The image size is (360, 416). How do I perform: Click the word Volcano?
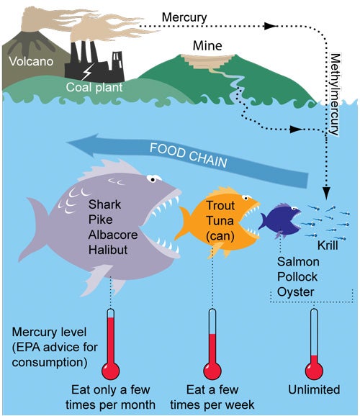[x=31, y=61]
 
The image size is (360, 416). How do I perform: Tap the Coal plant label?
[x=94, y=87]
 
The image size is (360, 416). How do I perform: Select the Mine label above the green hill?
[x=207, y=45]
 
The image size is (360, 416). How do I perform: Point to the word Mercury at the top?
[x=184, y=17]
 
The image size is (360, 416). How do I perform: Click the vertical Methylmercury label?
[x=335, y=94]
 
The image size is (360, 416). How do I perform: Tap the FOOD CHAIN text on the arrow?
[x=189, y=155]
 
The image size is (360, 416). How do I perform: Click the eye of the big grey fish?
[x=153, y=179]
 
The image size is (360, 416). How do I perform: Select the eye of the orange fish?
[x=246, y=198]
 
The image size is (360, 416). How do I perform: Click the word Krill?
[x=328, y=245]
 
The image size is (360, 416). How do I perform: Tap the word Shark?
[x=104, y=204]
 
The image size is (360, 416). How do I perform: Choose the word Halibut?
[x=108, y=250]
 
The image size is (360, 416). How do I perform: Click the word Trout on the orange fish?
[x=220, y=206]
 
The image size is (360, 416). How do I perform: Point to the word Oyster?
[x=295, y=292]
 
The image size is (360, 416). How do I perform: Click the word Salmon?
[x=298, y=262]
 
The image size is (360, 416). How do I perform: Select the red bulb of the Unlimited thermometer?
[x=314, y=371]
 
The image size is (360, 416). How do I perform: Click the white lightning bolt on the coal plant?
[x=87, y=71]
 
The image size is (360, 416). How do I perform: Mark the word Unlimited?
[x=314, y=390]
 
